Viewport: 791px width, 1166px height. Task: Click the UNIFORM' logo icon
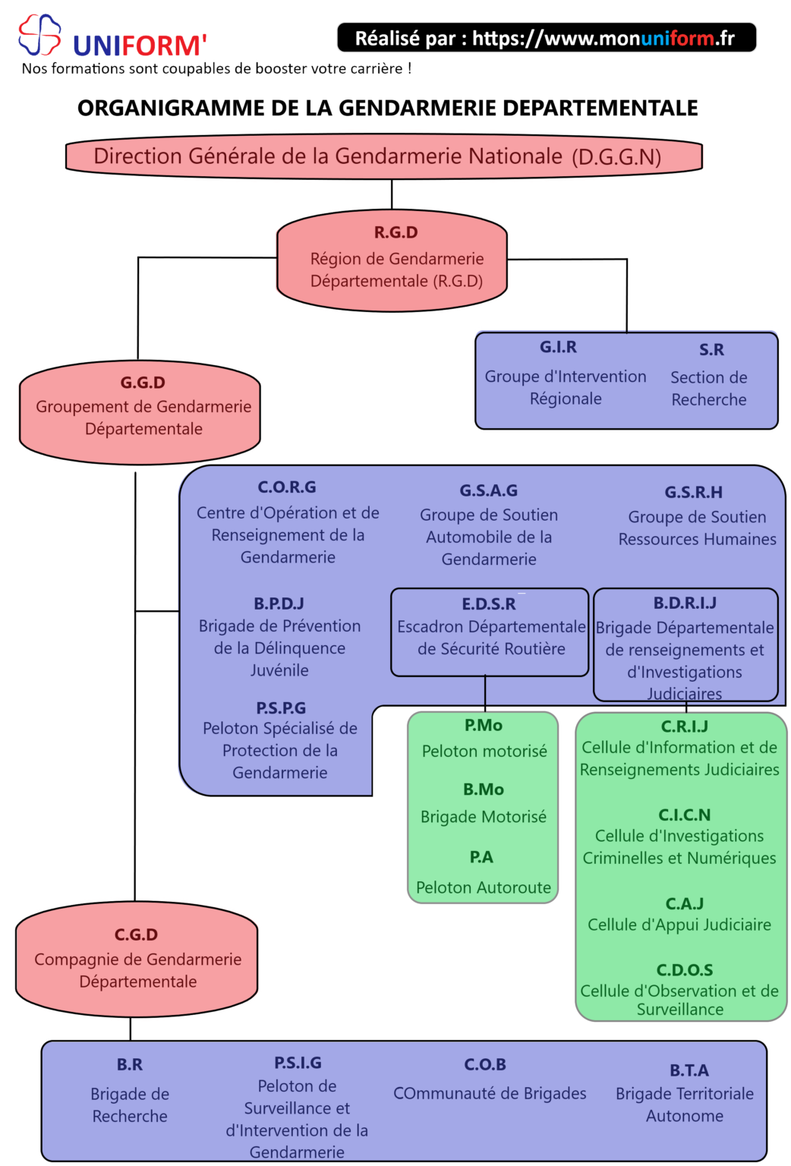(39, 35)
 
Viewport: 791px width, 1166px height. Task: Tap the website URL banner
(546, 38)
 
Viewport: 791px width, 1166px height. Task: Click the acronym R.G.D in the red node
(395, 232)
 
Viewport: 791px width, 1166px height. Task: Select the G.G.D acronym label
(143, 383)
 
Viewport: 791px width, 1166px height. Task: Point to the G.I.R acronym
(558, 347)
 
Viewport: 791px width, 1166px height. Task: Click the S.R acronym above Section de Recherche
(711, 350)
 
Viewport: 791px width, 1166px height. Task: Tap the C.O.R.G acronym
(287, 487)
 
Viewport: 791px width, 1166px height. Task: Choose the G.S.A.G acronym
(488, 490)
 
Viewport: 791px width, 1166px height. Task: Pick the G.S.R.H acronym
(693, 492)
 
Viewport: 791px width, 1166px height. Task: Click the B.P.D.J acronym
(279, 603)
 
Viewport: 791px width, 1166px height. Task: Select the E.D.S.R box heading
(489, 604)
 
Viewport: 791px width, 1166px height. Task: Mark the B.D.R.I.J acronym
(685, 603)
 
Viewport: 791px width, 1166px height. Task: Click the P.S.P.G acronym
(281, 708)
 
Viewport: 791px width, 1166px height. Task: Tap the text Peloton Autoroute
(484, 887)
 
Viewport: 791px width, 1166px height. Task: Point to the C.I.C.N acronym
(684, 815)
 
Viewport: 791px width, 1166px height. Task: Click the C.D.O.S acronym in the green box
(684, 970)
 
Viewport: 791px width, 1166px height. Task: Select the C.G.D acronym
(137, 934)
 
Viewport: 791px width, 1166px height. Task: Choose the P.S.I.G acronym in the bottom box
(298, 1063)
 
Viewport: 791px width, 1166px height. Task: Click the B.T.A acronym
(689, 1070)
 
